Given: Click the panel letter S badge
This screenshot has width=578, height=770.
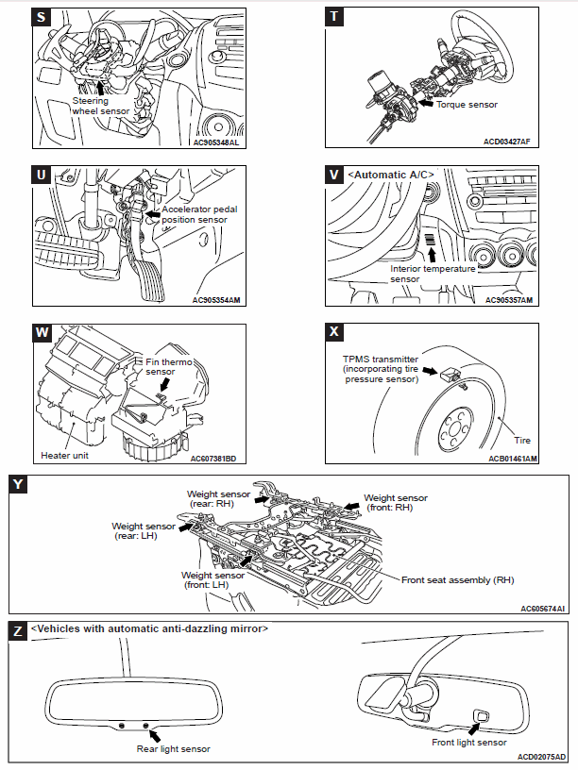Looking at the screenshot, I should pos(42,18).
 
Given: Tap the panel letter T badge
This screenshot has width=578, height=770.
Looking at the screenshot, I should pos(333,18).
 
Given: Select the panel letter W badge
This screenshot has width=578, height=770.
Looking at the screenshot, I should pos(42,332).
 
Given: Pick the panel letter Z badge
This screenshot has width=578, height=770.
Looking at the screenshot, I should pos(17,629).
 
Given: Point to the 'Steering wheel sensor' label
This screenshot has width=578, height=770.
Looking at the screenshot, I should pos(103,106).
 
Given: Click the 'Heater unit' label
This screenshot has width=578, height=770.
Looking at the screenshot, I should pos(65,455).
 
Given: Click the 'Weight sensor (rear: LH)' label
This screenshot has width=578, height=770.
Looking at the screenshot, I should pos(143,532).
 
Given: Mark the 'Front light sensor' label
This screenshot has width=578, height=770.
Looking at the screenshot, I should pos(469,743).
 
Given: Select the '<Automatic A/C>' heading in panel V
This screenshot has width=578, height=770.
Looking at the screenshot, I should pos(388,175).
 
